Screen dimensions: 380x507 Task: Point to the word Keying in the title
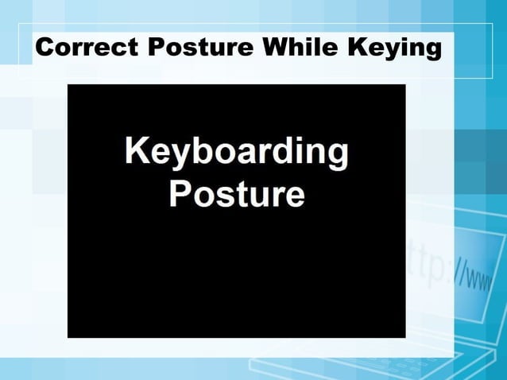click(394, 48)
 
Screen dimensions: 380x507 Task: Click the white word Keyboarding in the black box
click(237, 153)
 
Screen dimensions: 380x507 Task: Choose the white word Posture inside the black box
click(237, 192)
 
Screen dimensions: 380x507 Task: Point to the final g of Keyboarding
click(337, 156)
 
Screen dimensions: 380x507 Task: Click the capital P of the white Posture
click(180, 192)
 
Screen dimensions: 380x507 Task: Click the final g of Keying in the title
click(431, 50)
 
